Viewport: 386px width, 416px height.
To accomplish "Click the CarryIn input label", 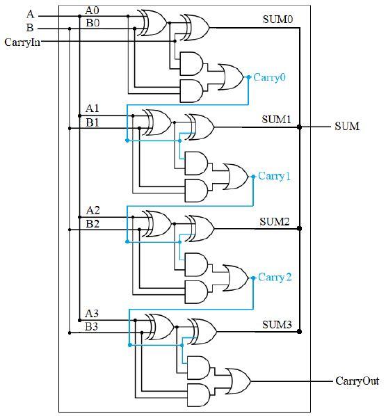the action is pos(22,42).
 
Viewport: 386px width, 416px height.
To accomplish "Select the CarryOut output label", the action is pos(357,381).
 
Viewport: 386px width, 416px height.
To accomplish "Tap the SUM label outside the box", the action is pos(347,127).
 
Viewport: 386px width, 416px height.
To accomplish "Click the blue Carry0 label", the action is pos(270,77).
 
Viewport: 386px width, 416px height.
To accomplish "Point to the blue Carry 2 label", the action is pos(275,278).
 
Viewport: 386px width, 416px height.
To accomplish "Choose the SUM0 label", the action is pos(278,19).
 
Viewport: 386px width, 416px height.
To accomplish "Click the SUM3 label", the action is pos(277,324).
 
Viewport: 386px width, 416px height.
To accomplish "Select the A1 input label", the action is pos(93,109).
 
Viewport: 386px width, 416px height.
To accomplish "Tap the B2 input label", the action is pos(93,224).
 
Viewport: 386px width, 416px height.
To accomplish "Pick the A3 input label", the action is pos(92,313).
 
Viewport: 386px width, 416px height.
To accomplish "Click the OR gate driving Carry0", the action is pos(230,77).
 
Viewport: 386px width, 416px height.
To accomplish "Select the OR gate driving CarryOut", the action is pos(238,381).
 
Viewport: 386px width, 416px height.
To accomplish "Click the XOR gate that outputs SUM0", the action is pos(195,28).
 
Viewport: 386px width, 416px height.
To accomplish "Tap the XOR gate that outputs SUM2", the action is pos(200,228).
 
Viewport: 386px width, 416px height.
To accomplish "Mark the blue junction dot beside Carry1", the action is pos(253,177).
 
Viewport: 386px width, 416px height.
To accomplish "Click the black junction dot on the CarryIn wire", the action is pos(175,41).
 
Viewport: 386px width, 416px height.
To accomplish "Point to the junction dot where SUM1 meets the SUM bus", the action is pos(300,127).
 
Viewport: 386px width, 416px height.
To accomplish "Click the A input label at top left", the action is pos(31,14).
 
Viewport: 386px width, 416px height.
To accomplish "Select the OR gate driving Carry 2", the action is pos(236,278).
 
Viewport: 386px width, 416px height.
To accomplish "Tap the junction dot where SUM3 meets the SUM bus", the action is pos(300,331).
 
